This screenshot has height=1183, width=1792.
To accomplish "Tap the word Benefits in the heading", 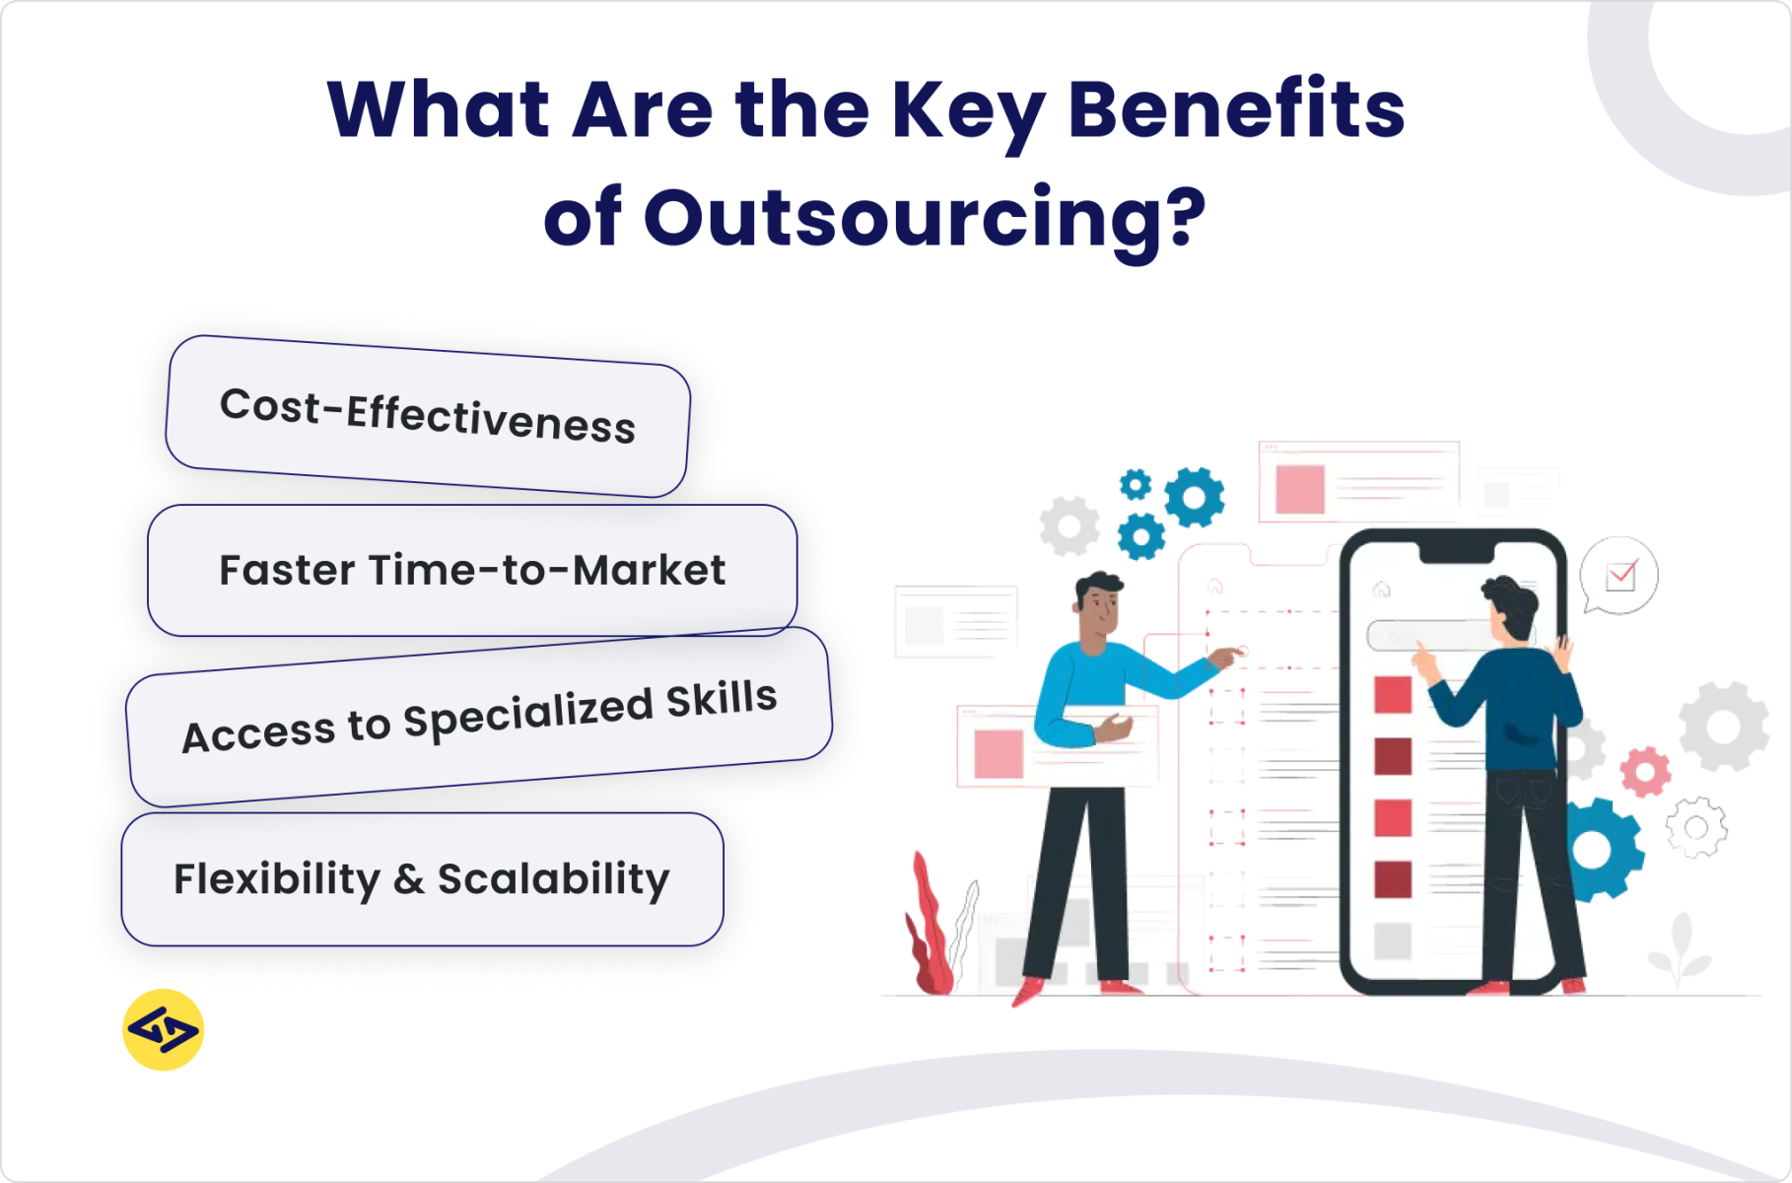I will click(x=1236, y=109).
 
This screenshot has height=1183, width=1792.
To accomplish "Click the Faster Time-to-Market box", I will click(x=472, y=571).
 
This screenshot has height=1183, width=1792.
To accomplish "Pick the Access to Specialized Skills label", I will click(x=479, y=717).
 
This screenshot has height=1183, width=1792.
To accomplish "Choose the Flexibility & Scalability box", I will click(x=422, y=878).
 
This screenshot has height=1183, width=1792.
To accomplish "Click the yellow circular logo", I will click(x=164, y=1030).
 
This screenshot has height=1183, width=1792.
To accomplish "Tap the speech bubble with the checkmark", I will click(x=1620, y=576).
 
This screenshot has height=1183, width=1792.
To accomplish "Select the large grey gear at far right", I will click(x=1723, y=727).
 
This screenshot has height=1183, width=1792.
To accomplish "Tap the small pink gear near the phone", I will click(x=1645, y=772).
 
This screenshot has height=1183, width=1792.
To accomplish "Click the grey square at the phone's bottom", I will click(x=1393, y=940).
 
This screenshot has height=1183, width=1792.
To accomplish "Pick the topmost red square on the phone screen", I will click(x=1393, y=694).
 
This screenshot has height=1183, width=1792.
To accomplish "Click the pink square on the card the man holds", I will click(x=999, y=754).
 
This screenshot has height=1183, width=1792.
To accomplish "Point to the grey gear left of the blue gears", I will click(x=1069, y=526).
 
